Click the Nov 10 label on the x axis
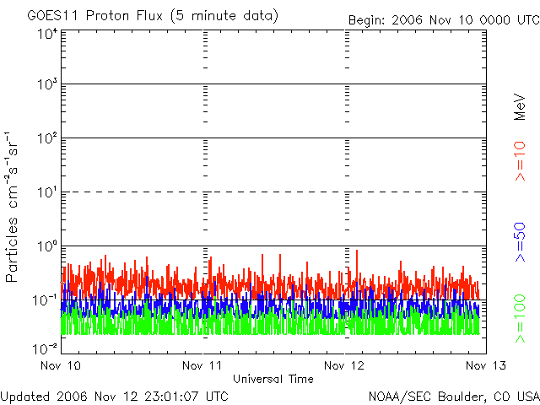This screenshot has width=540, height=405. point(61,365)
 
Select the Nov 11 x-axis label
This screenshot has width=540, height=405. point(202,365)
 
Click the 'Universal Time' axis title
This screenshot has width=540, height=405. point(273,379)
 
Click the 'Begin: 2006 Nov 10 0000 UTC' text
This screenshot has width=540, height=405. point(442,19)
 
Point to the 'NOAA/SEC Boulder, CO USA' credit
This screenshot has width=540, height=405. point(453,395)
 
